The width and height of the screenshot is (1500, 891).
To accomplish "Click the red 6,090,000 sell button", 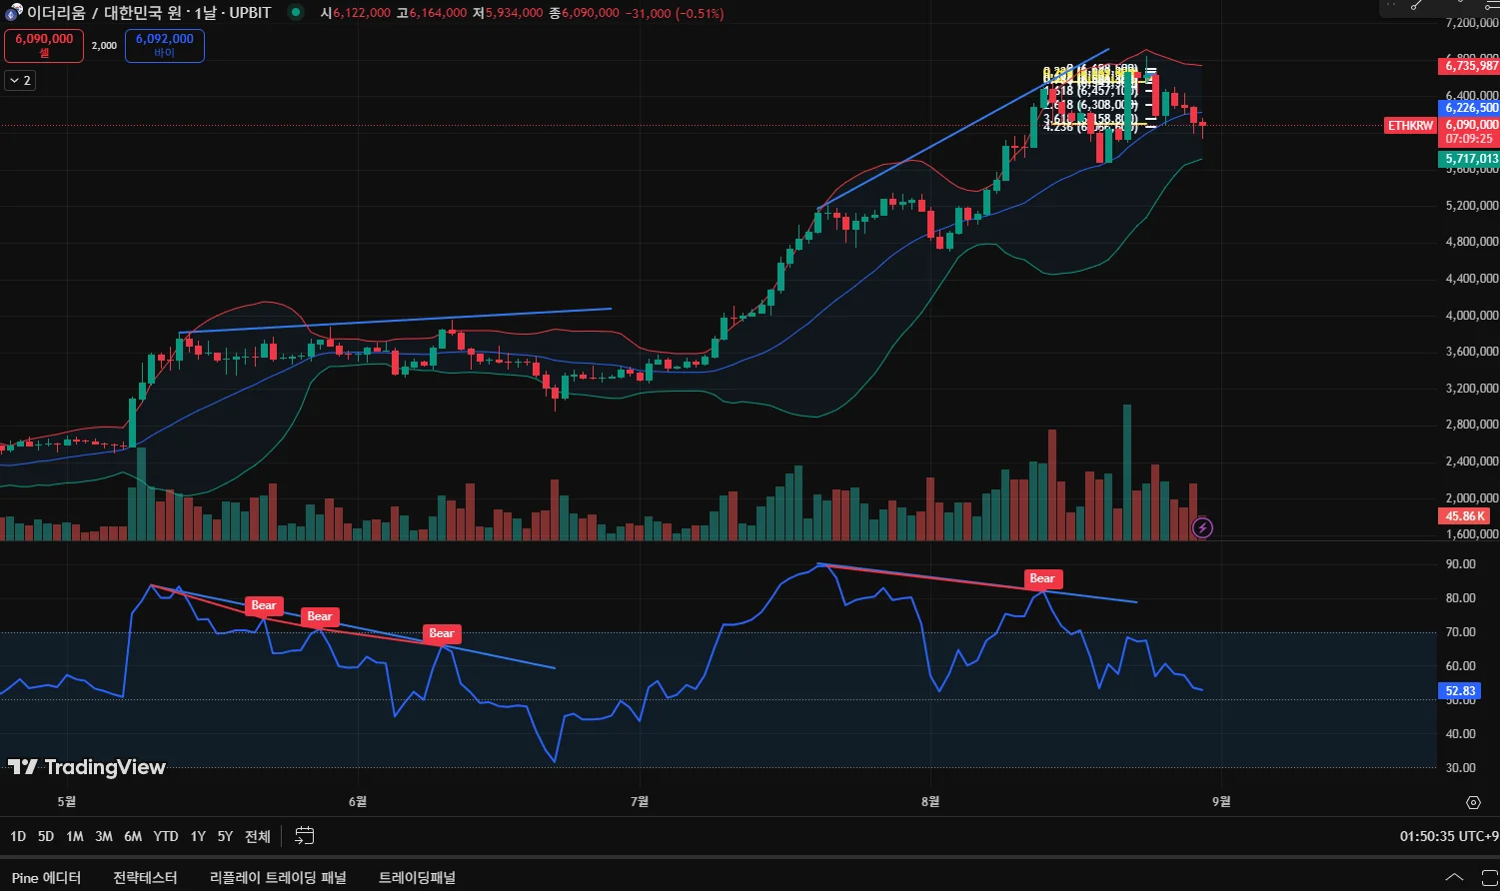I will (x=44, y=45).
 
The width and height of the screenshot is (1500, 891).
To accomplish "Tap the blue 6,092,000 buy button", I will (x=165, y=45).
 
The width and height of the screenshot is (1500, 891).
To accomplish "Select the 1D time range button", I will (x=18, y=836).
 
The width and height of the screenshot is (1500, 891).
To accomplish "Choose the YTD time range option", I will (x=166, y=836).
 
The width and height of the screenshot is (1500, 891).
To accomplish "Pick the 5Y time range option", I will (x=225, y=836).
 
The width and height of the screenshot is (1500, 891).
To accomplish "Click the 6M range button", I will (x=133, y=836).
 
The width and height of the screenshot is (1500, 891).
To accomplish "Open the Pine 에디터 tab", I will (x=46, y=878).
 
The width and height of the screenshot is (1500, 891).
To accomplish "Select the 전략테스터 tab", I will (x=145, y=878).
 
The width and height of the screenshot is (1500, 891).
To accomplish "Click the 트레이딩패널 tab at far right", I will (x=417, y=878).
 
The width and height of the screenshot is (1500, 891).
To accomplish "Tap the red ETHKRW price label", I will (x=1410, y=126).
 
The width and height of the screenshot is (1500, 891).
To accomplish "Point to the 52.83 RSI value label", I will (x=1460, y=690).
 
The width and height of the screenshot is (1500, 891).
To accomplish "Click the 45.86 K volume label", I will (x=1466, y=516).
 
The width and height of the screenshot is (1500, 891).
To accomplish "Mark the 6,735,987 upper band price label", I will (x=1470, y=66).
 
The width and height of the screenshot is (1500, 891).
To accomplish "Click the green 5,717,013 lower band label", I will (x=1470, y=159).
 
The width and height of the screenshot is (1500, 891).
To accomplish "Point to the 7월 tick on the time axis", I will (x=640, y=801).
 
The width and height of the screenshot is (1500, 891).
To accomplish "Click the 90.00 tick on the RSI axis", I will (x=1461, y=564).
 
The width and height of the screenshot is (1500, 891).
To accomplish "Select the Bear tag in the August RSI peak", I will (x=1042, y=578).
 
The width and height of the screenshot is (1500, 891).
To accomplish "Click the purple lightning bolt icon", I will (x=1203, y=527).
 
